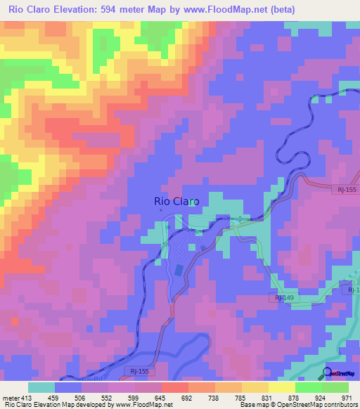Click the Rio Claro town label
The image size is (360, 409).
click(x=176, y=201)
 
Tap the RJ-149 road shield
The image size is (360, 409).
click(x=284, y=299)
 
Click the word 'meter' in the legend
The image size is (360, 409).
click(x=10, y=397)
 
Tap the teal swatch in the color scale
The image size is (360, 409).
click(x=41, y=387)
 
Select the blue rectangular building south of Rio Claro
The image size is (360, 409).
click(x=179, y=269)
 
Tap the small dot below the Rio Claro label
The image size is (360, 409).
click(x=160, y=209)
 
